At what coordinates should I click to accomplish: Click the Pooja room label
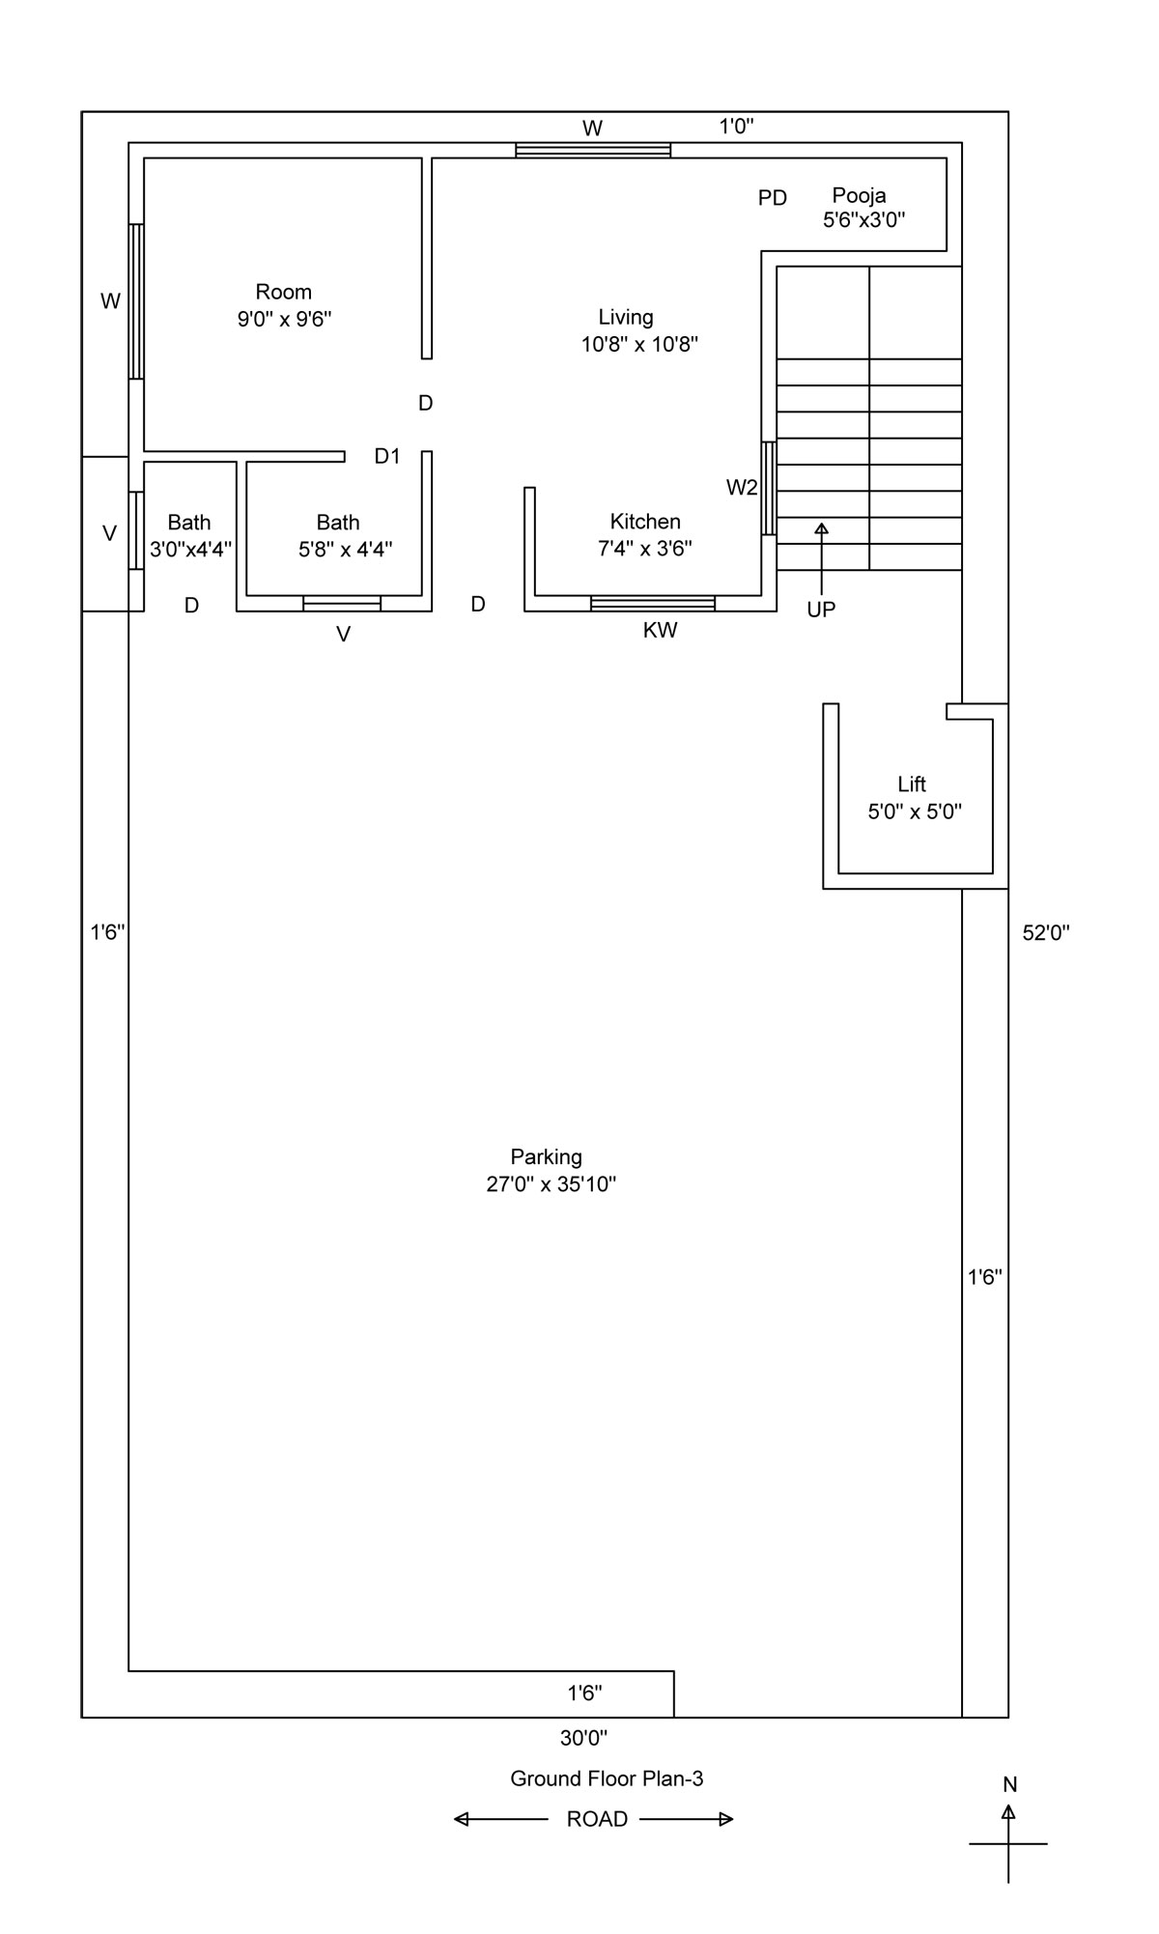tap(859, 196)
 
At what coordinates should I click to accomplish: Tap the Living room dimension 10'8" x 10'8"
tap(639, 344)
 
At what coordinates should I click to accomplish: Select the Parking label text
tap(547, 1157)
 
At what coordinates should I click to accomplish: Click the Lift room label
tap(912, 784)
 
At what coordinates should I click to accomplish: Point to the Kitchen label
tap(645, 522)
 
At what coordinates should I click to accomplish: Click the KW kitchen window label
tap(661, 631)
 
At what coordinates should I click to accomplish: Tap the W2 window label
tap(742, 488)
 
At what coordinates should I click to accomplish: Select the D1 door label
tap(387, 456)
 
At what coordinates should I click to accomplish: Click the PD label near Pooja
tap(773, 198)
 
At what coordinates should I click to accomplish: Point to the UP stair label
tap(821, 610)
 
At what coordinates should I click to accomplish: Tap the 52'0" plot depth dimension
tap(1046, 933)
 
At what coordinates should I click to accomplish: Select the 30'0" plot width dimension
tap(583, 1739)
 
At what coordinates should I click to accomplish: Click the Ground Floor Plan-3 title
tap(607, 1778)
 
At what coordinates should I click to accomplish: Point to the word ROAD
tap(597, 1819)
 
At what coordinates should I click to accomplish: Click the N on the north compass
tap(1009, 1784)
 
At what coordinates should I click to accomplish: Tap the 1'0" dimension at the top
tap(736, 126)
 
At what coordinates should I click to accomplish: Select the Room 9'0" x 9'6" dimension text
tap(285, 319)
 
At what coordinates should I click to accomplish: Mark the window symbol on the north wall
tap(593, 150)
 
